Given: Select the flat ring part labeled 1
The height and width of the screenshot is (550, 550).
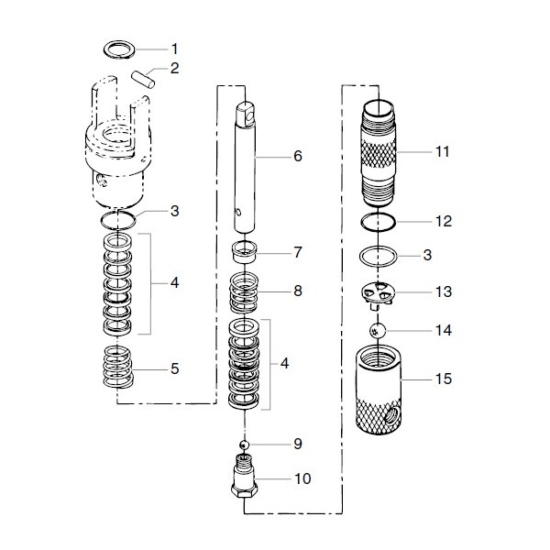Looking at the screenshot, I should (118, 47).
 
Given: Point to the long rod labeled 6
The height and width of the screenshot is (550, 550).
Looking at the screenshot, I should (246, 165).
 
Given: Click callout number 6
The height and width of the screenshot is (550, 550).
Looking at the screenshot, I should (297, 156).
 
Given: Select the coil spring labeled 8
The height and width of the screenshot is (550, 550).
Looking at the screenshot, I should (245, 293).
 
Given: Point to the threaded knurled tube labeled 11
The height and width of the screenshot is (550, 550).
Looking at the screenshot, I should (379, 151).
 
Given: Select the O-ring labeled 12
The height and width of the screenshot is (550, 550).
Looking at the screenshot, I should (378, 221).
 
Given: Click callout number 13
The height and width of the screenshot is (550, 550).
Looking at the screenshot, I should (443, 292).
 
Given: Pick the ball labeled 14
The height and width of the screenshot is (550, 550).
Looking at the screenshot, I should (378, 329).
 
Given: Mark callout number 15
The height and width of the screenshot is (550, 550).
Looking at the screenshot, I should (443, 377).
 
